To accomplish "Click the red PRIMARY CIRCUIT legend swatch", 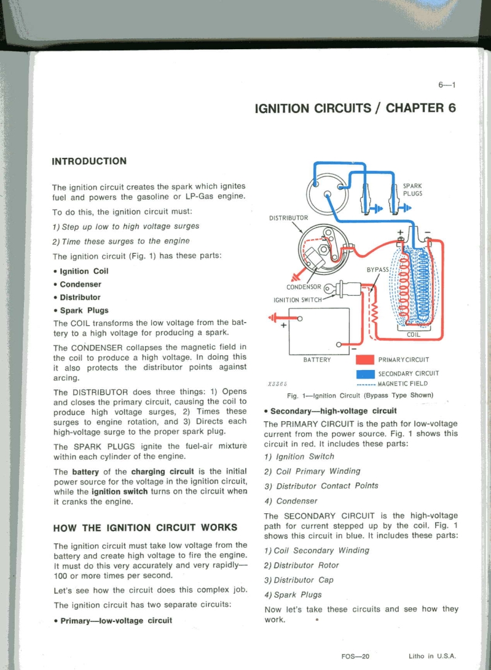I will pos(365,360).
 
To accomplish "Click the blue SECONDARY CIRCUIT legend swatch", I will pos(365,373).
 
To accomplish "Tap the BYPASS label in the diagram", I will pos(377,270).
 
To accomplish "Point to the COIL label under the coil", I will pos(414,334).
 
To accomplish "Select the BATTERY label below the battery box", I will pos(317,360).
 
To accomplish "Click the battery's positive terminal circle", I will pos(300,318).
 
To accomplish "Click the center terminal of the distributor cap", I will pos(328,196).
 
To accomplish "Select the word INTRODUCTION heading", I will pos(90,161).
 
